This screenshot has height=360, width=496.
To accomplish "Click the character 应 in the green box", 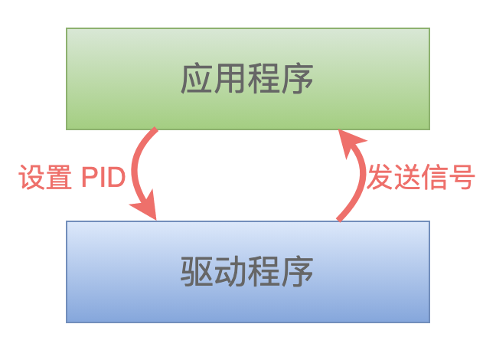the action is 197,79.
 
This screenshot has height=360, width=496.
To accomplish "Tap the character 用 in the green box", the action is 230,79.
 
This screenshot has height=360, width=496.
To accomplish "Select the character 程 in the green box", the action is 264,79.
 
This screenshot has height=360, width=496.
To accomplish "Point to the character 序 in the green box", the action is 297,79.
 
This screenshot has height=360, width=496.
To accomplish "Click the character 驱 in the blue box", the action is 197,272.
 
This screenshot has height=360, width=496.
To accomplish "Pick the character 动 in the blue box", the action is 230,272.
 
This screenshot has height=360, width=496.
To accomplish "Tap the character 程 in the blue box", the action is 264,272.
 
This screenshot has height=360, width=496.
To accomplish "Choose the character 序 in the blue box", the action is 297,272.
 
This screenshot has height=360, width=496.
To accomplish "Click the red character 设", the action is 32,177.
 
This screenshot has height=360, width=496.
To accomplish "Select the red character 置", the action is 59,177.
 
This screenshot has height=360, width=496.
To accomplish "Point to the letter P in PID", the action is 90,177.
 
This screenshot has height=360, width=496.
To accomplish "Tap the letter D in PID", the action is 116,177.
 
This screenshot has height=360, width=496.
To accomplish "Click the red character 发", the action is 380,177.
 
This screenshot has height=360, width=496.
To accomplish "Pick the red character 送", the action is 407,177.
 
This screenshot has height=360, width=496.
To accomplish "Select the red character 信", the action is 434,177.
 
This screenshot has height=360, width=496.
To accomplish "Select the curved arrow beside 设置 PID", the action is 134,171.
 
